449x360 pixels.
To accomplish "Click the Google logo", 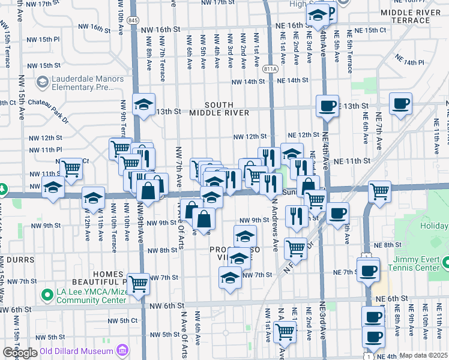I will (20, 353).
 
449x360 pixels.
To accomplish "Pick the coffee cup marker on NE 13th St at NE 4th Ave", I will (328, 106).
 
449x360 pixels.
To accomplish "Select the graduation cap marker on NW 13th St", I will (144, 104).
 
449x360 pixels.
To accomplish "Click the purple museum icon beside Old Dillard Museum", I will (122, 350).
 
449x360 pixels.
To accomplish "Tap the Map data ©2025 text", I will (423, 356).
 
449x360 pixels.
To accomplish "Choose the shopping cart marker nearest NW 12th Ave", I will (71, 169).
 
